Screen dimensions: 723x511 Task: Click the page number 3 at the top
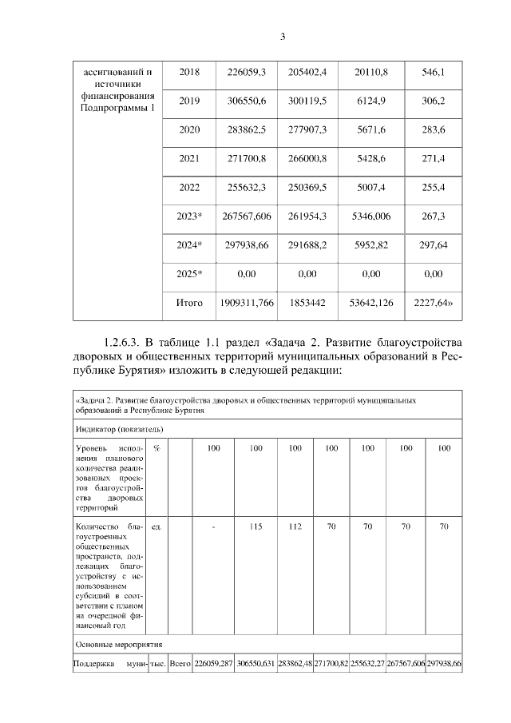pyautogui.click(x=283, y=36)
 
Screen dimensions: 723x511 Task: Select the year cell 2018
pyautogui.click(x=189, y=73)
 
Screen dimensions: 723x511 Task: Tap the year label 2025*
pyautogui.click(x=189, y=274)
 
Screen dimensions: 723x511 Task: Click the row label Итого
pyautogui.click(x=189, y=303)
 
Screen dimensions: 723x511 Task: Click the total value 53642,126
pyautogui.click(x=370, y=303)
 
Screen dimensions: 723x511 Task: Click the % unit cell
pyautogui.click(x=156, y=448)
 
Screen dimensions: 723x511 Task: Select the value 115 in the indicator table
pyautogui.click(x=255, y=526)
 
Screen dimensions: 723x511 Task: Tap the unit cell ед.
pyautogui.click(x=156, y=526)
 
